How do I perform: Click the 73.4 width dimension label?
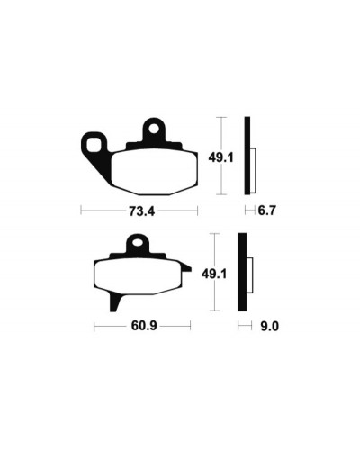[x=141, y=211]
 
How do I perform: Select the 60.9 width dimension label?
[x=144, y=326]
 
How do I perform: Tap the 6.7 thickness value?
[x=266, y=211]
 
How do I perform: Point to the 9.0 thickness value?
[x=269, y=326]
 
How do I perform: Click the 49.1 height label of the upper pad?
[x=220, y=157]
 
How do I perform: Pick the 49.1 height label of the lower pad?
[x=214, y=274]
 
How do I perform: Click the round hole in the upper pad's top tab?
[x=155, y=129]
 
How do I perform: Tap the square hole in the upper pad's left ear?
[x=94, y=146]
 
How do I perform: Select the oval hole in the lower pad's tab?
[x=139, y=242]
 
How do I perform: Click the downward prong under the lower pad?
[x=115, y=302]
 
